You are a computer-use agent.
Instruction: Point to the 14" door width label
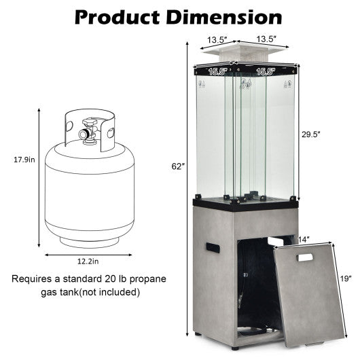pos(304,240)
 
